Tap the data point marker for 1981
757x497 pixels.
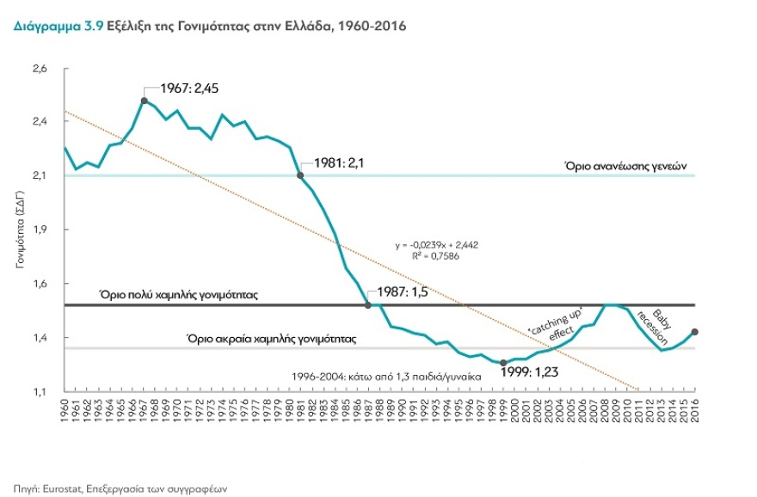(x=299, y=175)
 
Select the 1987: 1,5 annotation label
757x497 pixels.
(x=401, y=292)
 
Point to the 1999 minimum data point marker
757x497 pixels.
(x=503, y=363)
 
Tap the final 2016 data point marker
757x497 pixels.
(x=694, y=332)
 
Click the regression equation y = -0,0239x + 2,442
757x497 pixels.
(x=436, y=245)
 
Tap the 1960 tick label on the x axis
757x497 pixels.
(x=65, y=409)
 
